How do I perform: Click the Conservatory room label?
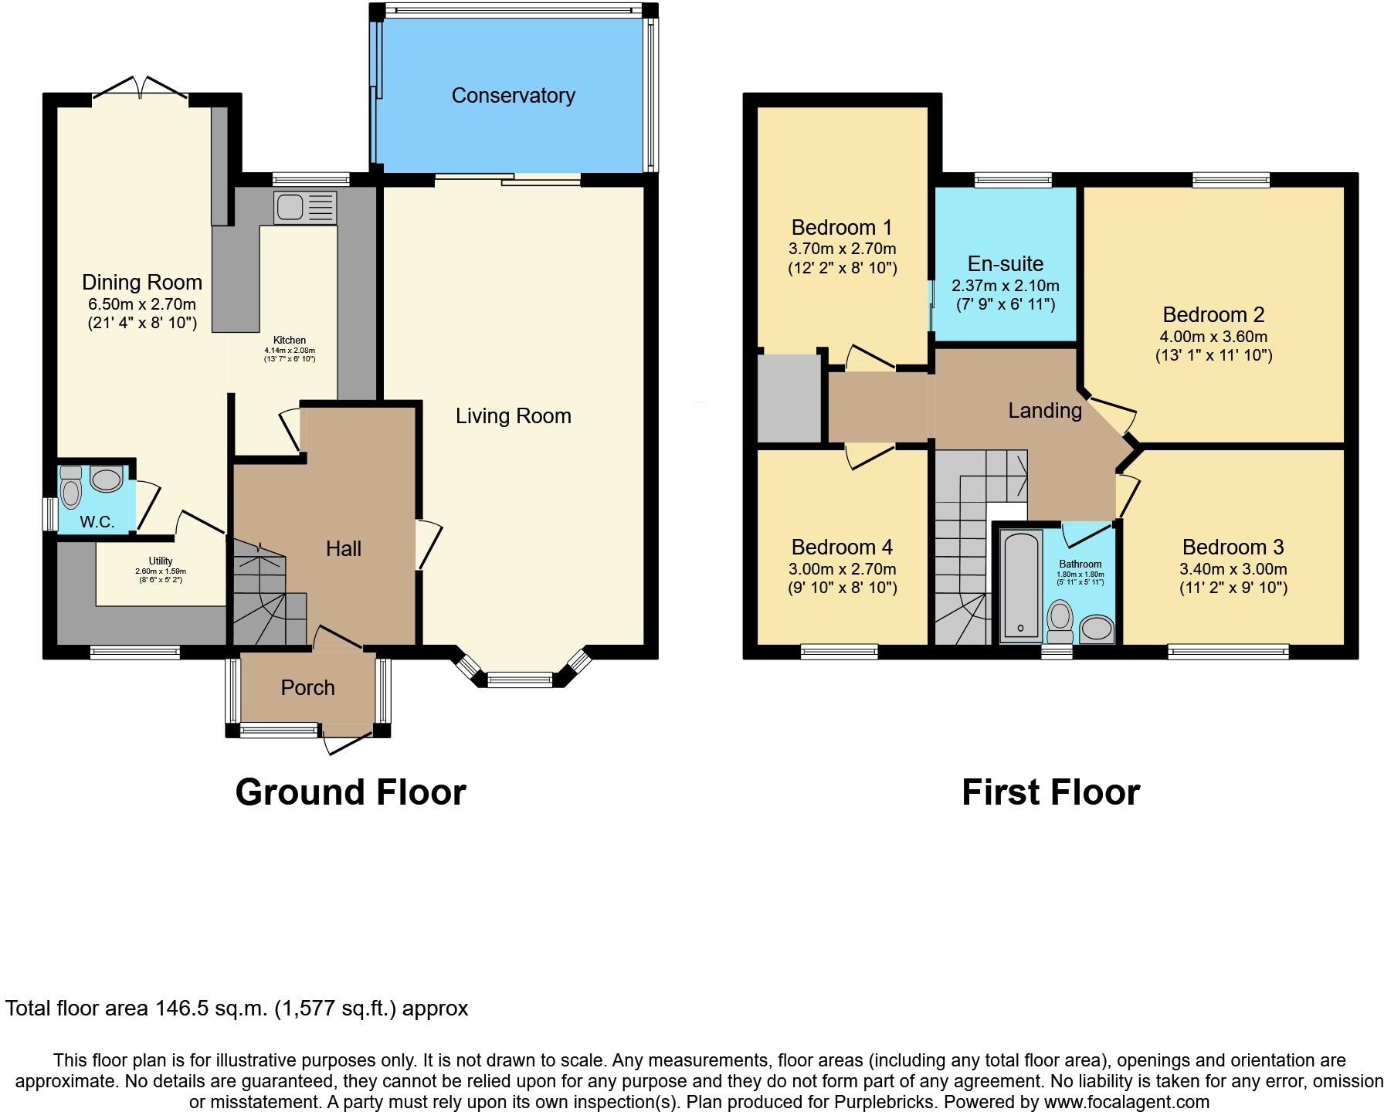[513, 96]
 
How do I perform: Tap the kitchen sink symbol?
[291, 207]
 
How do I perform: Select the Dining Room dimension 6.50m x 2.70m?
[142, 304]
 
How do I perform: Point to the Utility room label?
[161, 561]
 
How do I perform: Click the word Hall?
[344, 549]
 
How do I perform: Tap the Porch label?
[307, 688]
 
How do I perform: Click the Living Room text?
[513, 416]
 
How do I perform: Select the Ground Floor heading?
[350, 792]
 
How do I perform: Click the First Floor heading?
[1050, 792]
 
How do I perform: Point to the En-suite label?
[1005, 264]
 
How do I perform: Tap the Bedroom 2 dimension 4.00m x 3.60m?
[1213, 337]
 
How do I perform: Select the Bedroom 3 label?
[1233, 548]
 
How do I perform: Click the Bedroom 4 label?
[842, 548]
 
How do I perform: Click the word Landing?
[1045, 411]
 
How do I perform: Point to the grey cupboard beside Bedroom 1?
[789, 398]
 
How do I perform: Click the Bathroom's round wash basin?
[1095, 629]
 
